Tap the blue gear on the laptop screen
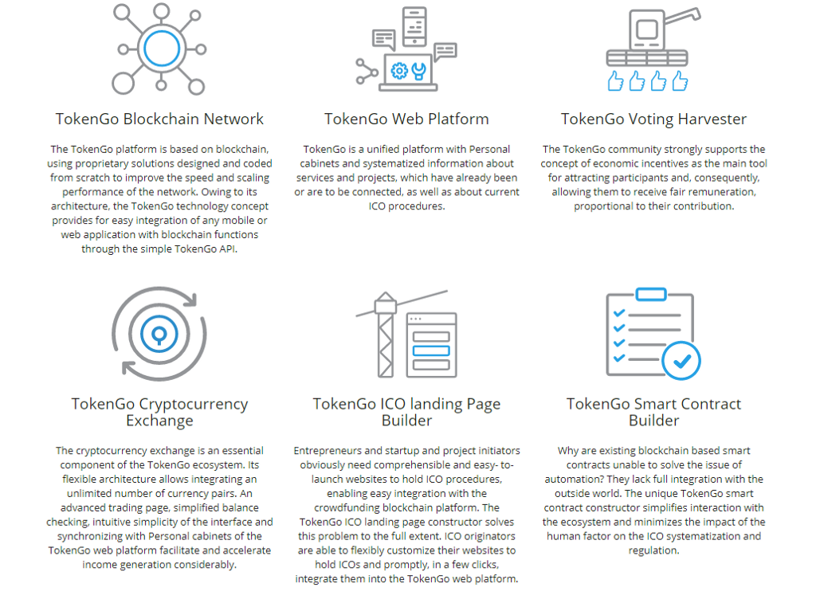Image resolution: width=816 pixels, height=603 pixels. click(x=399, y=70)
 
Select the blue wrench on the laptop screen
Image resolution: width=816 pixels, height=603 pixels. click(x=419, y=71)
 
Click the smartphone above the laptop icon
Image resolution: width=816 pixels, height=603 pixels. click(x=414, y=26)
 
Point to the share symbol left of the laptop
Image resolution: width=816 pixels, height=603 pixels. click(x=367, y=71)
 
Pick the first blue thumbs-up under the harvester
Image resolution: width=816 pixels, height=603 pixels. click(x=616, y=81)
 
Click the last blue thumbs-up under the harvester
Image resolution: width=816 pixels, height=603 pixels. click(x=680, y=81)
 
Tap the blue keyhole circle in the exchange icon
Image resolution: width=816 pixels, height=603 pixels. click(x=159, y=334)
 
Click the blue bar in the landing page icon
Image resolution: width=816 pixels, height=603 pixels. click(x=431, y=350)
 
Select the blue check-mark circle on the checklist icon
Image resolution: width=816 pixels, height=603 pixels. click(x=681, y=361)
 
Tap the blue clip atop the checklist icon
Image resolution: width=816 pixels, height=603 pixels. click(x=651, y=294)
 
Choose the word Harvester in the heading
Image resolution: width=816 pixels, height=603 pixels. click(x=712, y=119)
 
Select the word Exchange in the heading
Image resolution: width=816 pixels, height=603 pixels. click(x=159, y=421)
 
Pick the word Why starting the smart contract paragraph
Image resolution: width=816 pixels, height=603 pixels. click(x=567, y=451)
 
